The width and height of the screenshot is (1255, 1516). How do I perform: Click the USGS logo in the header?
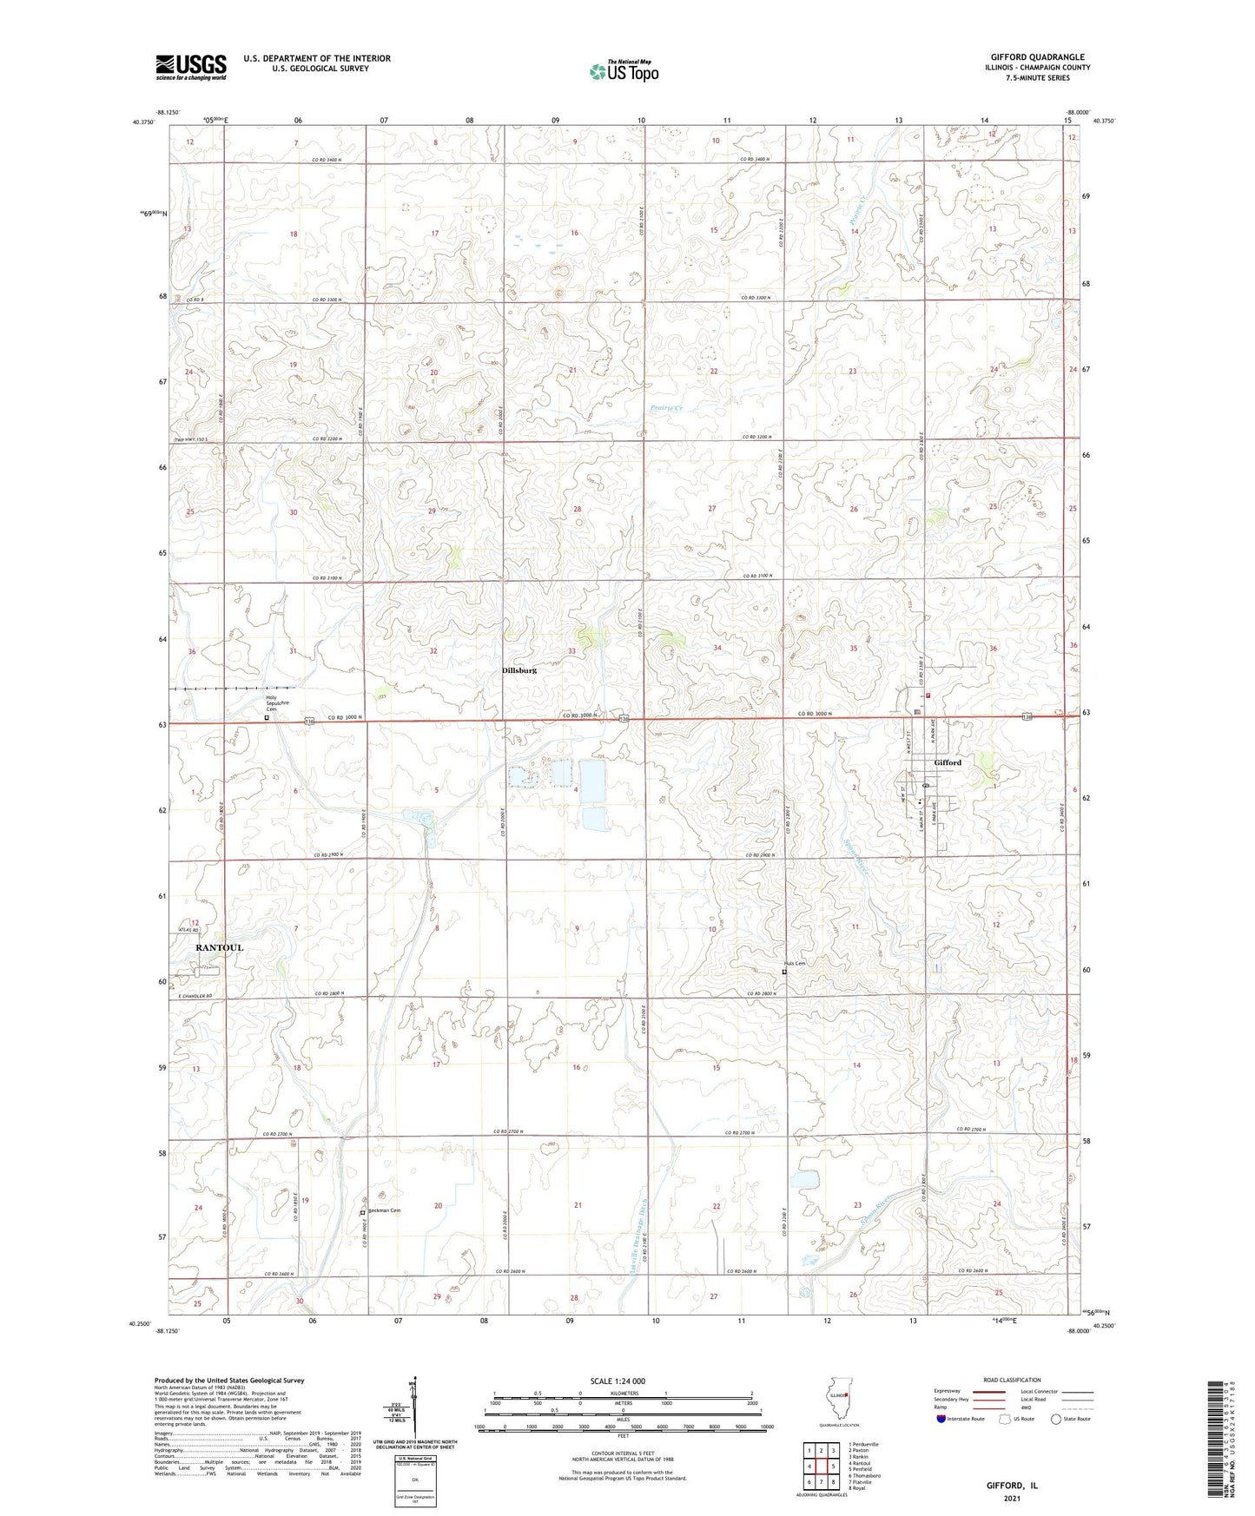click(191, 67)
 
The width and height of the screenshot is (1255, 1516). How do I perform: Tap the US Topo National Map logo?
click(624, 71)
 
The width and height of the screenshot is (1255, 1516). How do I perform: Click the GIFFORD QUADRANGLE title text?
click(1037, 57)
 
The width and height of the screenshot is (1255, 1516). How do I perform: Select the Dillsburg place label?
click(519, 670)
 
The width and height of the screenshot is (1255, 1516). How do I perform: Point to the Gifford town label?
click(948, 762)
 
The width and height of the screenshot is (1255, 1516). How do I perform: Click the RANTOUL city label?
click(219, 947)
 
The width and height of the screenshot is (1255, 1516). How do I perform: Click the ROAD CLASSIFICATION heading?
click(1012, 1380)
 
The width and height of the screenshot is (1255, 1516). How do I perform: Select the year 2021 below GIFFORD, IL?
click(1012, 1498)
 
